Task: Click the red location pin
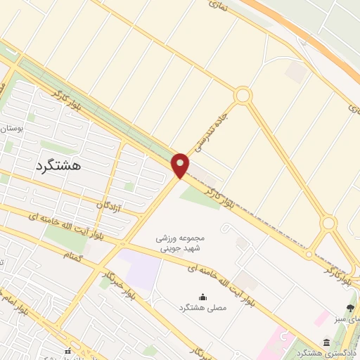click(181, 165)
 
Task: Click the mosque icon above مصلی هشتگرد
click(203, 297)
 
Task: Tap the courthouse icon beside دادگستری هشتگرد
click(305, 342)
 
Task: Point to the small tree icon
click(350, 307)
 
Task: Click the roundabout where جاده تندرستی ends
click(243, 95)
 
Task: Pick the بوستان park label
click(13, 129)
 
